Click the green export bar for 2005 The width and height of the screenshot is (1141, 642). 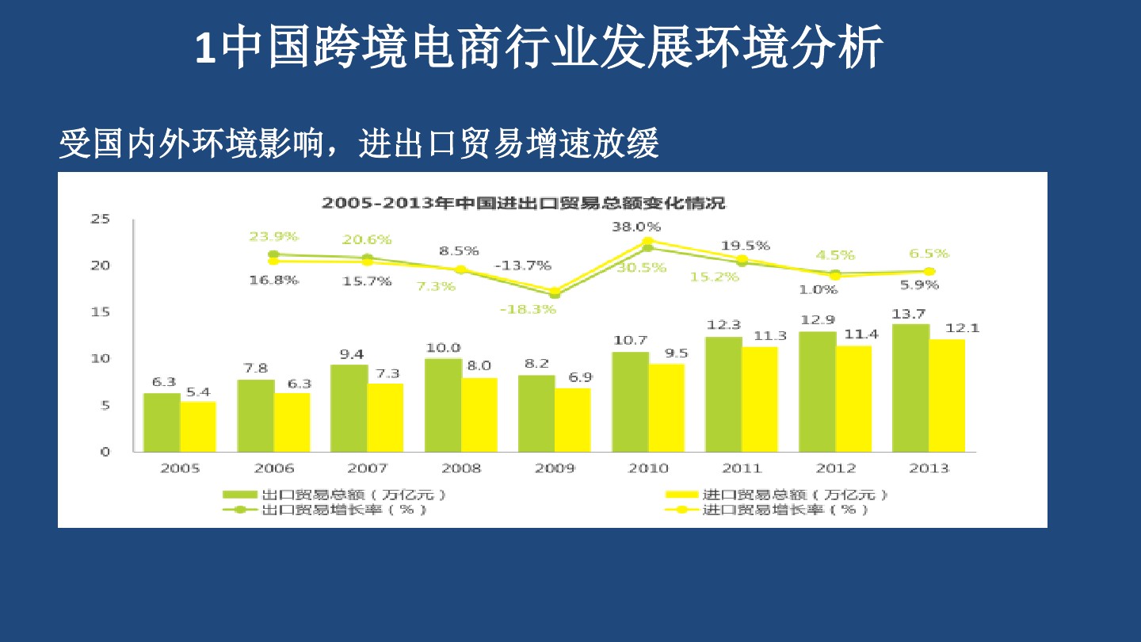[x=162, y=422]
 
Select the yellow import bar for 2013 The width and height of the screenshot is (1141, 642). [x=948, y=396]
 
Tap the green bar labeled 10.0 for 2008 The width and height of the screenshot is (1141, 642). [x=443, y=405]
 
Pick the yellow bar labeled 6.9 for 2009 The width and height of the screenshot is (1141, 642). [x=573, y=420]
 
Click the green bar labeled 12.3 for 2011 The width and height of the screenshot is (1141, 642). [x=723, y=394]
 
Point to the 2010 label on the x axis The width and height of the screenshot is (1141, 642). [x=648, y=468]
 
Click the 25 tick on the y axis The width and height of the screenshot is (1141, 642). [x=99, y=220]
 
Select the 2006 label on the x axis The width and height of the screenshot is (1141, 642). [x=273, y=468]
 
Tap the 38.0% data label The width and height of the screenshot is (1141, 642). [x=635, y=227]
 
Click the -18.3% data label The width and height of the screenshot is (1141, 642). [x=528, y=309]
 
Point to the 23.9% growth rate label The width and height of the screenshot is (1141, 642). [x=273, y=236]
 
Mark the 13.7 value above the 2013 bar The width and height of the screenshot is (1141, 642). [x=910, y=314]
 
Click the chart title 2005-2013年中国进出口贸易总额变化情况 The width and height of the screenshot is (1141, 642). [x=523, y=203]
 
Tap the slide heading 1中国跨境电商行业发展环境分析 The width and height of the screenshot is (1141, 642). [x=539, y=49]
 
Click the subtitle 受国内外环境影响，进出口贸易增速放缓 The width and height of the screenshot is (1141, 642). [x=359, y=144]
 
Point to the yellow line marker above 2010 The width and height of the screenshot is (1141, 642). [x=647, y=241]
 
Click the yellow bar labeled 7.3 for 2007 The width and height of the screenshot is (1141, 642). [x=385, y=418]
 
